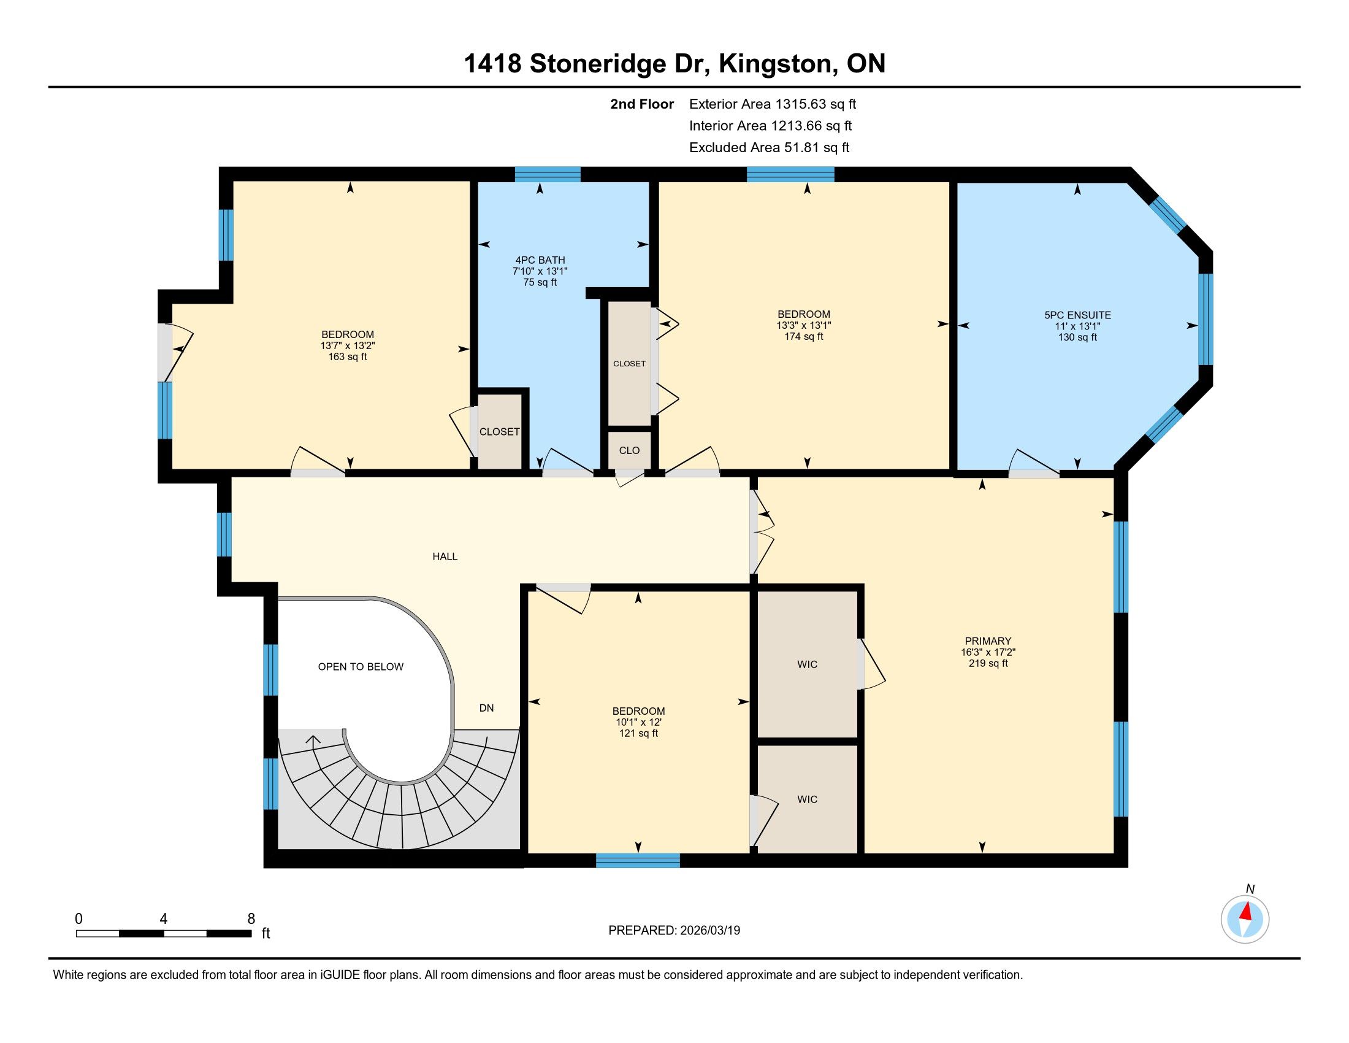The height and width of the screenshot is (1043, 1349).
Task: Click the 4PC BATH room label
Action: pos(540,260)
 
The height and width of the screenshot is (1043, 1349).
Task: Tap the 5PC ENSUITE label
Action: pos(1077,315)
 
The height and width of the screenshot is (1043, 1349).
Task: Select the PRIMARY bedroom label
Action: pos(988,641)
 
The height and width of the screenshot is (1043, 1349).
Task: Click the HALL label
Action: pos(445,556)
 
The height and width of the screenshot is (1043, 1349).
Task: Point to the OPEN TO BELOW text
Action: pos(361,667)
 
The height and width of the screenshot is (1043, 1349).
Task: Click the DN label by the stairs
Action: pos(487,708)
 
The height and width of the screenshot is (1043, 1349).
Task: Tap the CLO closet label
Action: pos(629,450)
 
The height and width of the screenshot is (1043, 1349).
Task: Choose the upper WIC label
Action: pos(808,665)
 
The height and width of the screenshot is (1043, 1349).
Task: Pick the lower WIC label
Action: pos(808,799)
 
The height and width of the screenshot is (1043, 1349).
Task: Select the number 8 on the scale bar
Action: pos(251,919)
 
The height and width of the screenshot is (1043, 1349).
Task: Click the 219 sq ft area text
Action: pos(988,664)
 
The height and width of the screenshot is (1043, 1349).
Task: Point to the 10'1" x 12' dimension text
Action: pos(638,722)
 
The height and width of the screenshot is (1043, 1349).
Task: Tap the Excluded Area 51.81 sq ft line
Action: pos(769,148)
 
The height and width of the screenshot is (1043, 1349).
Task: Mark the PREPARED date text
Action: pos(674,931)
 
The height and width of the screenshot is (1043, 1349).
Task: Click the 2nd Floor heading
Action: pos(642,104)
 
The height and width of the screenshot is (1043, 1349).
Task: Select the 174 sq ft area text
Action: pos(804,337)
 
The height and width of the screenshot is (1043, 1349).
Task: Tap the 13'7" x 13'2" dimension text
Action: pos(348,346)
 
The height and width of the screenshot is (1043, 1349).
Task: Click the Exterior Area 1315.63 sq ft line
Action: pos(773,104)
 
